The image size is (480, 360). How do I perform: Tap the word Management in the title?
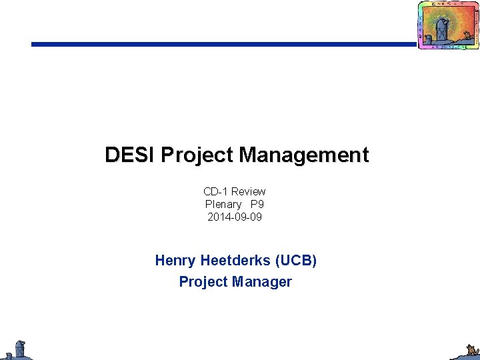click(303, 155)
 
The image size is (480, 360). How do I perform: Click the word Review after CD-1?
click(249, 191)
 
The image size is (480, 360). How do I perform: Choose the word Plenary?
click(223, 204)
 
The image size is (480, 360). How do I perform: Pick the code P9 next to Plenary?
click(257, 204)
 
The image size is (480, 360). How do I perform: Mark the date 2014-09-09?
click(235, 217)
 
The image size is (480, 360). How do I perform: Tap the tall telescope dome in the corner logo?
click(441, 30)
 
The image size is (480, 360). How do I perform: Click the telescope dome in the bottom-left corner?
click(20, 348)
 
